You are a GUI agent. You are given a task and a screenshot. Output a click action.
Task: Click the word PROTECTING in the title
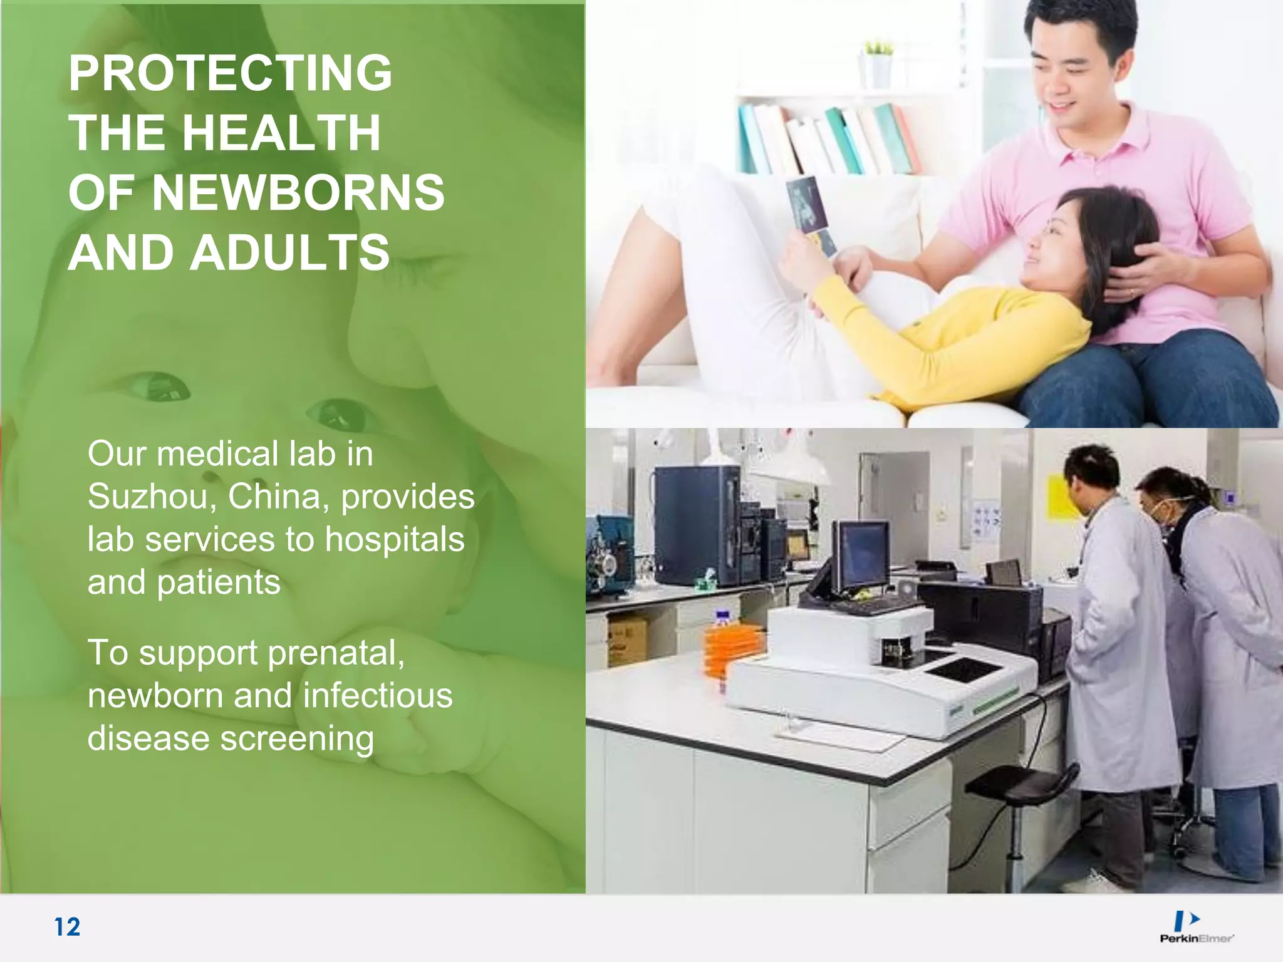[230, 73]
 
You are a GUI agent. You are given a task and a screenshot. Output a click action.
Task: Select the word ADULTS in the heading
[290, 253]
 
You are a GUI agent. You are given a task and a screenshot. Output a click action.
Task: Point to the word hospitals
[395, 539]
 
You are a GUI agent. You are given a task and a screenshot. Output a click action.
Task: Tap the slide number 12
[67, 927]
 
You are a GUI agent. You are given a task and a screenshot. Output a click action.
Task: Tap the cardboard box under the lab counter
[627, 639]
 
